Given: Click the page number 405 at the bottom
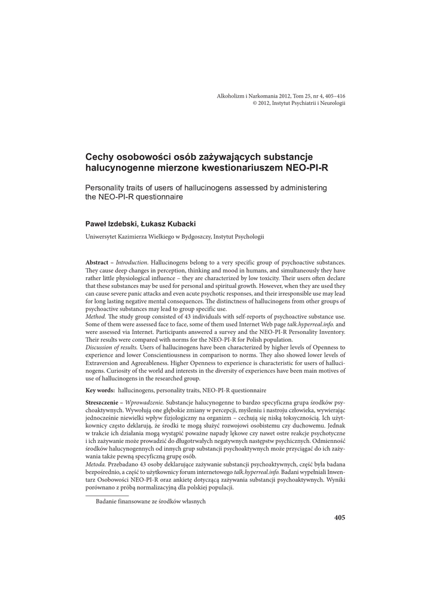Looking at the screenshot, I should [x=340, y=517].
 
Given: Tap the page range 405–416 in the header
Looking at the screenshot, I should [x=333, y=96].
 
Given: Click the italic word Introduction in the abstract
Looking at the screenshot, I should [x=132, y=263].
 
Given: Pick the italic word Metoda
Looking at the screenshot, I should [x=97, y=465].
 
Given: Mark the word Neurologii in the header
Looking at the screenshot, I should [x=333, y=103].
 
